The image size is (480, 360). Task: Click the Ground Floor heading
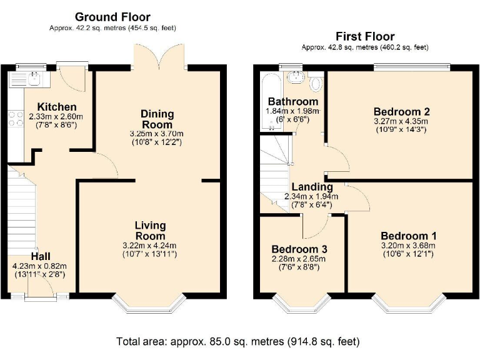(x=112, y=17)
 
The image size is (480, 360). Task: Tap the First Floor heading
(x=365, y=36)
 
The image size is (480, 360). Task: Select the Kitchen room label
(x=56, y=107)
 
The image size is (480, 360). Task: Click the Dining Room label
(x=157, y=119)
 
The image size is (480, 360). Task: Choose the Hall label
(x=41, y=256)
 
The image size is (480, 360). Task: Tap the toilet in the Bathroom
(x=316, y=82)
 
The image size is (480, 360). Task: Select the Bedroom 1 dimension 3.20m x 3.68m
(x=409, y=245)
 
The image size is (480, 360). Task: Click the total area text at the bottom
(x=238, y=342)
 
